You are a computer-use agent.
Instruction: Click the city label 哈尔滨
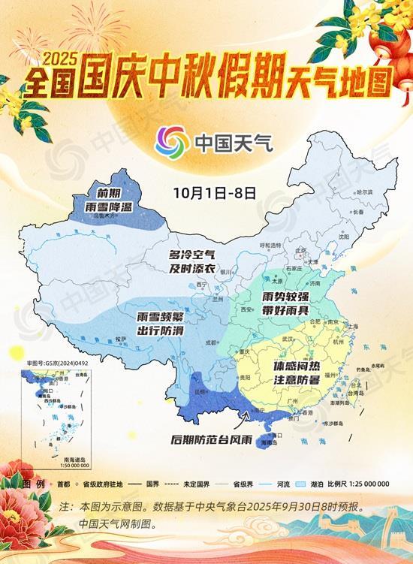365,193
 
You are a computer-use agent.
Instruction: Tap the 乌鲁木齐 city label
106,216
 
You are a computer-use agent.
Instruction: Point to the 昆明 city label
199,391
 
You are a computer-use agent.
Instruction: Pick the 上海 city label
352,326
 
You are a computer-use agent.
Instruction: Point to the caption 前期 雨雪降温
105,197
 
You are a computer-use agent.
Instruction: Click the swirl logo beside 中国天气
173,141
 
